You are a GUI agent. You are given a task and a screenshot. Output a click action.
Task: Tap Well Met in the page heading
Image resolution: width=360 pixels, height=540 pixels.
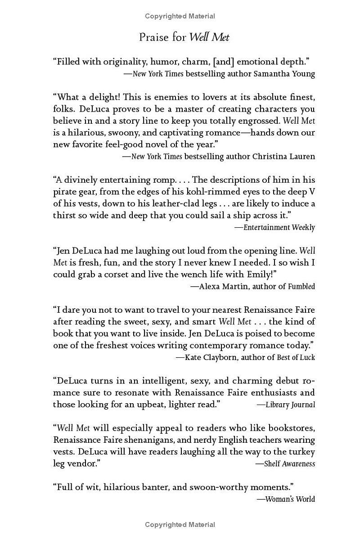(209, 37)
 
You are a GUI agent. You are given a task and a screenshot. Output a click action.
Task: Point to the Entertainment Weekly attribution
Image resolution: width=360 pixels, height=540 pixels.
(279, 227)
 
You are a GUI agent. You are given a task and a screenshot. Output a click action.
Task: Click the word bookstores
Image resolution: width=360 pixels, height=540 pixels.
(291, 428)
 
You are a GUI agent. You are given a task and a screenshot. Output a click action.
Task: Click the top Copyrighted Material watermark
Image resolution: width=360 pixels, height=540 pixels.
(180, 16)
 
